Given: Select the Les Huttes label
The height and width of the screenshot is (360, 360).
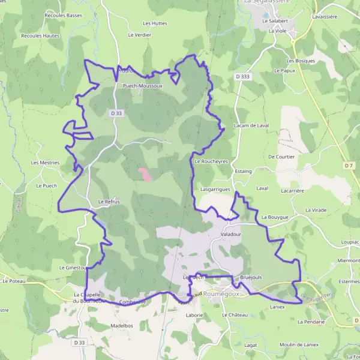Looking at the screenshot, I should point(155,23).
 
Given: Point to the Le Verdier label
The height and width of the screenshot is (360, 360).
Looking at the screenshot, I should point(140,35).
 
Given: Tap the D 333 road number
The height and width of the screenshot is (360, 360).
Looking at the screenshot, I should point(242,77).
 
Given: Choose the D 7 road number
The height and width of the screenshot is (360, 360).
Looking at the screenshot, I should point(349,165).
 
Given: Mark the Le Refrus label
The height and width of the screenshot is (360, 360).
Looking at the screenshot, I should point(109,202).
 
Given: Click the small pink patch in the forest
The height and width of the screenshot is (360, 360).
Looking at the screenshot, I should point(145,174).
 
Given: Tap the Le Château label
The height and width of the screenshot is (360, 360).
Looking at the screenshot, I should point(235,314).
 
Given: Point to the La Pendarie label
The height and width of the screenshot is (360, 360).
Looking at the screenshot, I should point(311,322).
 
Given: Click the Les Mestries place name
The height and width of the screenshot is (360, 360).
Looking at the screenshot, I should point(45,163).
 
